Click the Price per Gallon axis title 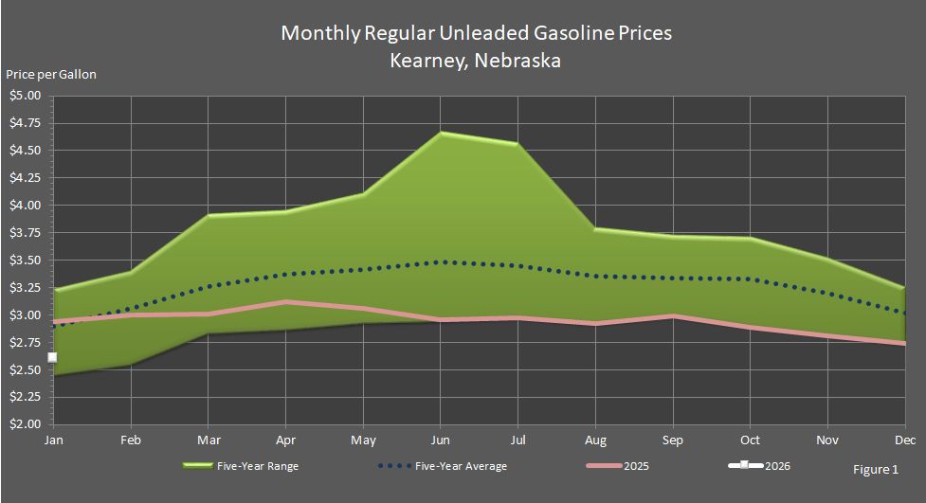(51, 74)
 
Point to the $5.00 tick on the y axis (26, 96)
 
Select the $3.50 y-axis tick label (26, 260)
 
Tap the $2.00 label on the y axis (26, 424)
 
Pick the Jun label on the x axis (440, 440)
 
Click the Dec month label (904, 440)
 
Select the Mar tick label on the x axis (208, 440)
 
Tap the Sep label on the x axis (672, 440)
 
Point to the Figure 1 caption (876, 469)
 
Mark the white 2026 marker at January (53, 357)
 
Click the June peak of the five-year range (441, 134)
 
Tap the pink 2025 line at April (285, 302)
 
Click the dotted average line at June (441, 261)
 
